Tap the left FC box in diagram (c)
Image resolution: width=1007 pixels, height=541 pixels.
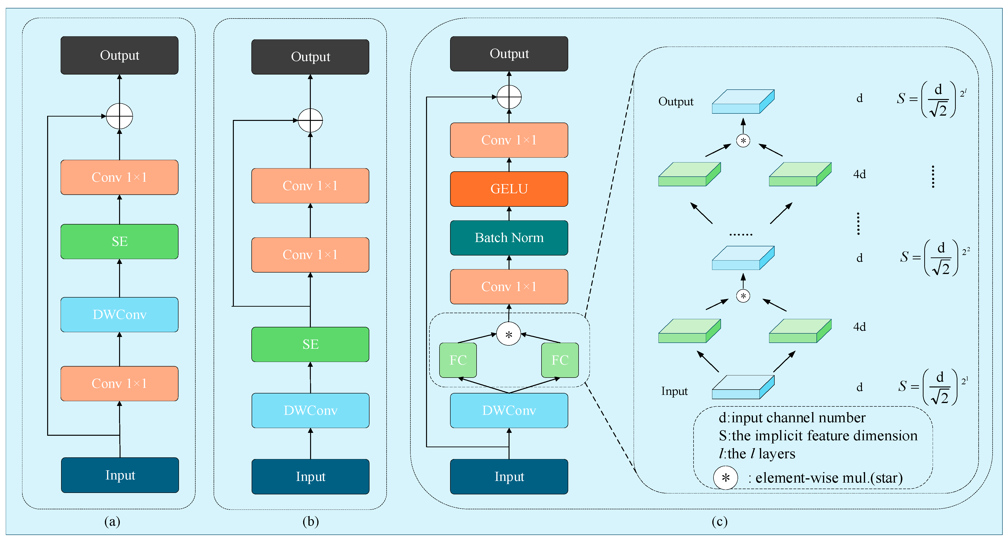(x=458, y=360)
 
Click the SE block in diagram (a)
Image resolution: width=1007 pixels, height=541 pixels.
(x=119, y=241)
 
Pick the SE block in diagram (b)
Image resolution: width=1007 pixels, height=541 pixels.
(x=310, y=344)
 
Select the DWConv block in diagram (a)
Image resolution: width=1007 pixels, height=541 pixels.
(x=119, y=314)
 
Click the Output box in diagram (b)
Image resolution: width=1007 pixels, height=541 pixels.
(x=310, y=57)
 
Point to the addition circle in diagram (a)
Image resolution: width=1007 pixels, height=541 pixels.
(x=119, y=116)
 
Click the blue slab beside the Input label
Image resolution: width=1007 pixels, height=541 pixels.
(x=743, y=387)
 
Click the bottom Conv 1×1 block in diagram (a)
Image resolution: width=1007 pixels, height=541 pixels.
(x=119, y=383)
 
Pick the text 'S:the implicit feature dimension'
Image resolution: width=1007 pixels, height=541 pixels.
(x=818, y=435)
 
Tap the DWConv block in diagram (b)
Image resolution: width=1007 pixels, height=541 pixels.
(x=310, y=410)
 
